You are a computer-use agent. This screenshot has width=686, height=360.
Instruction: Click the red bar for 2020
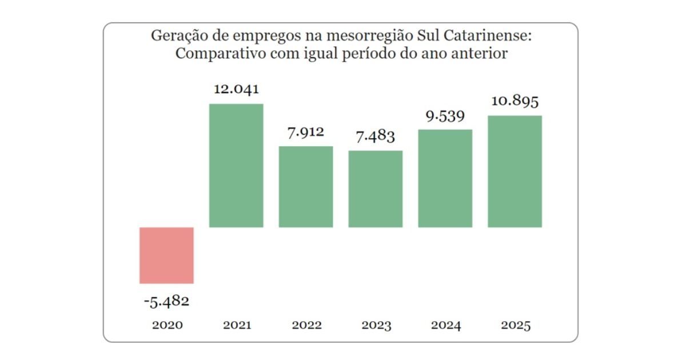167,255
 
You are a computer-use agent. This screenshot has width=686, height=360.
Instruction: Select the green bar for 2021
236,166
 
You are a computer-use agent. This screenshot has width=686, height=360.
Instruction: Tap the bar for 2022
306,187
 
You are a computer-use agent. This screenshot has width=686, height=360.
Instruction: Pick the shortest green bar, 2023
376,189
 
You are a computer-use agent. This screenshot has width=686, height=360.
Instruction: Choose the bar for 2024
445,178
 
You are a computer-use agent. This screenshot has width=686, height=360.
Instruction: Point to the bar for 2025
514,171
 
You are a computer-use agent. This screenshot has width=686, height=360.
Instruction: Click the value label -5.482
166,301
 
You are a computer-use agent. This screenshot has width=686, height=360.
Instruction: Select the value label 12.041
236,89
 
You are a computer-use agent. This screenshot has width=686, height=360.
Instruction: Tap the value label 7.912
305,132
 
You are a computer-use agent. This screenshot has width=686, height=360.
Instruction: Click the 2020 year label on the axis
167,325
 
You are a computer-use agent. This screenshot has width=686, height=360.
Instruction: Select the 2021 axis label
237,325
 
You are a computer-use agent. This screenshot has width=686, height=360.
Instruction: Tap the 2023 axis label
376,325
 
